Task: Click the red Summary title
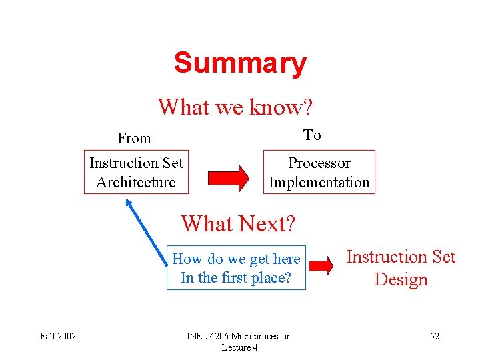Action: coord(240,63)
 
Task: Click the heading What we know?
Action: coord(235,106)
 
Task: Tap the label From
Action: coord(134,139)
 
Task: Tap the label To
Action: coord(312,135)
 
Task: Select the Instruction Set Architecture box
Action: coord(136,172)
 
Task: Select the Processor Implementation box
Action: coord(319,172)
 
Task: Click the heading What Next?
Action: coord(237,223)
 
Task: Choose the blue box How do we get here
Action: coord(236,268)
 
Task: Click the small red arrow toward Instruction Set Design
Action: coord(321,265)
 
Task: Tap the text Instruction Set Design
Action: coord(401,267)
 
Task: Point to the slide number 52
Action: coord(434,336)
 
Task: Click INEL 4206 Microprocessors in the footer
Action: coord(239,336)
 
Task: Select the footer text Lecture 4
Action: coord(239,347)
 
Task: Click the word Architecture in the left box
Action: coord(136,182)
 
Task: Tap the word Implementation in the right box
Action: coord(319,182)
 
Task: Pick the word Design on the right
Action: coord(401,279)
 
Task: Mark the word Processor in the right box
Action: coord(319,163)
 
